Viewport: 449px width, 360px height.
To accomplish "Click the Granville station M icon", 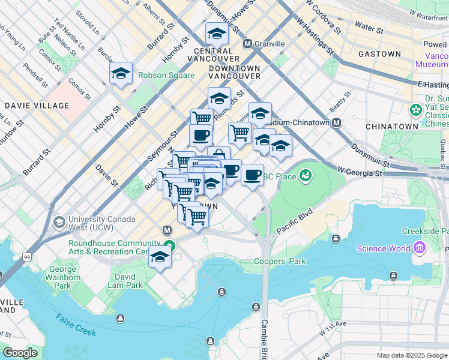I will (247, 44).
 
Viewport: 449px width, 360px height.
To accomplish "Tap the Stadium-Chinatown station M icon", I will (336, 122).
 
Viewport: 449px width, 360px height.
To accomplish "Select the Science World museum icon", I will (419, 248).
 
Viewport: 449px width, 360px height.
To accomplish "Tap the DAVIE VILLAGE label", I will (37, 106).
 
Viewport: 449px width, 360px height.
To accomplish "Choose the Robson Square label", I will (166, 76).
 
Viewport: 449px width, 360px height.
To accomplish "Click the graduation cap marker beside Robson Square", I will (121, 74).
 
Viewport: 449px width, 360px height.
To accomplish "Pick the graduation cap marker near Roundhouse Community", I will (160, 257).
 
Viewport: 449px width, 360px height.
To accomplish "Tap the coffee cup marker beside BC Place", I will (252, 175).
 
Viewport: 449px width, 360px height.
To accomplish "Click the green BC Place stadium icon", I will (306, 175).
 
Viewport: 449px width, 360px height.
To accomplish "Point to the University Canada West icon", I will (59, 223).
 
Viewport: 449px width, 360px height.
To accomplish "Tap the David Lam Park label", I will (128, 281).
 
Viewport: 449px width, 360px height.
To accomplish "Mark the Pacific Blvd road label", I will (295, 222).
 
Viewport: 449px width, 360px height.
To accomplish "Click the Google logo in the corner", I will (20, 353).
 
